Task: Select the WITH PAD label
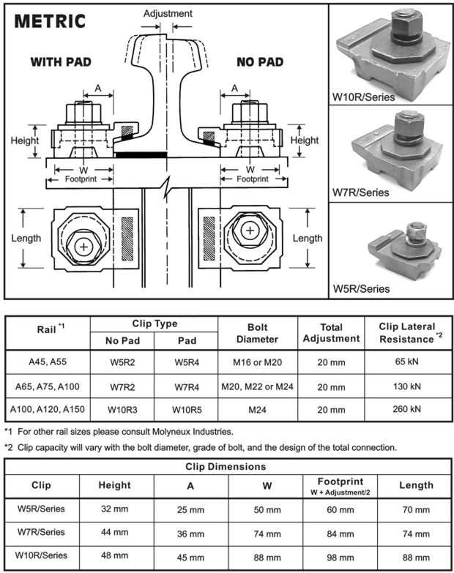(61, 62)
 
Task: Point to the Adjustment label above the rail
(168, 13)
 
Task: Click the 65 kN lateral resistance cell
(406, 362)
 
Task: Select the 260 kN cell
(406, 409)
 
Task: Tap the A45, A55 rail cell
(47, 362)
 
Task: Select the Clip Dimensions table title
(226, 466)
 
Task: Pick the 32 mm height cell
(114, 507)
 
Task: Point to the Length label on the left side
(26, 238)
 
